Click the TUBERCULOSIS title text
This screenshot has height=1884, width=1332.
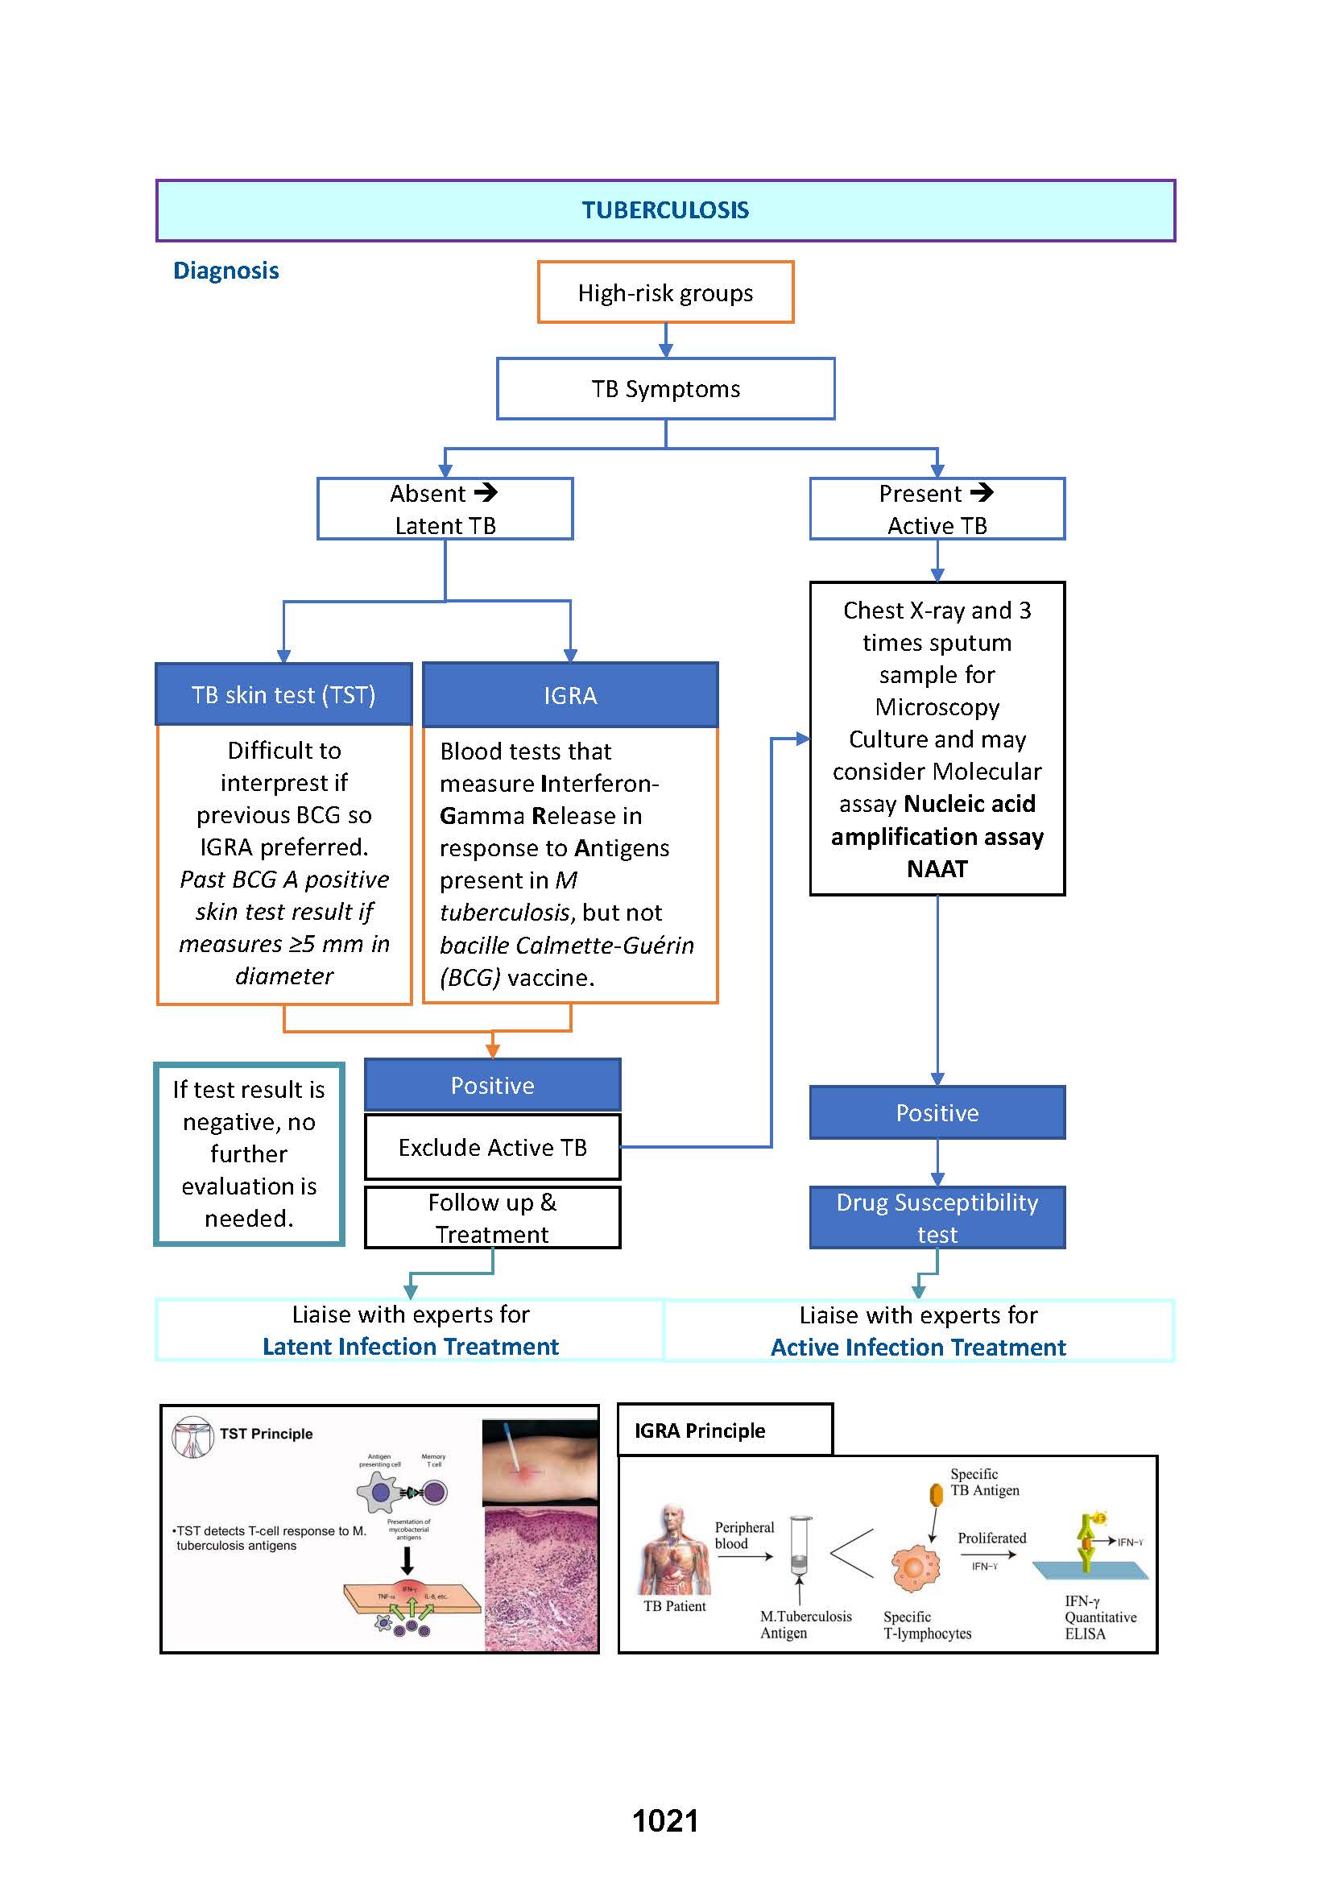(665, 210)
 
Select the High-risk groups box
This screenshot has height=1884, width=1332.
(665, 293)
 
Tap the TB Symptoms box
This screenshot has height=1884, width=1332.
(665, 389)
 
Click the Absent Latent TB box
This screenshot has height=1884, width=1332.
(445, 509)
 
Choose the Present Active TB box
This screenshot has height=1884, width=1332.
(937, 509)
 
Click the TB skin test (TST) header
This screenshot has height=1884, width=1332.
(283, 695)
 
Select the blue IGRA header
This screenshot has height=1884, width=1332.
(570, 696)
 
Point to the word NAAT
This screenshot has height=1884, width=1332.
(937, 869)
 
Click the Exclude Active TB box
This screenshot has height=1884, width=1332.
(492, 1147)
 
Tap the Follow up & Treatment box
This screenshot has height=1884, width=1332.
(492, 1218)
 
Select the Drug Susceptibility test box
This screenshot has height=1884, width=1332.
(937, 1218)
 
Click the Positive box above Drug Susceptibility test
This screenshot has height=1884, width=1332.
(937, 1112)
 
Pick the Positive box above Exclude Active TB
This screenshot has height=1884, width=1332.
(492, 1086)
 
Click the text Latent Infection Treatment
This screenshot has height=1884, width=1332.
(410, 1347)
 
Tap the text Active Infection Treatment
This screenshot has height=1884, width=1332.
(918, 1348)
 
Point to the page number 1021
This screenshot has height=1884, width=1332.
(665, 1821)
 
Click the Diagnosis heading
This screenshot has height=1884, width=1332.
(226, 271)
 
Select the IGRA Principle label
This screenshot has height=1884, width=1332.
(700, 1431)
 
